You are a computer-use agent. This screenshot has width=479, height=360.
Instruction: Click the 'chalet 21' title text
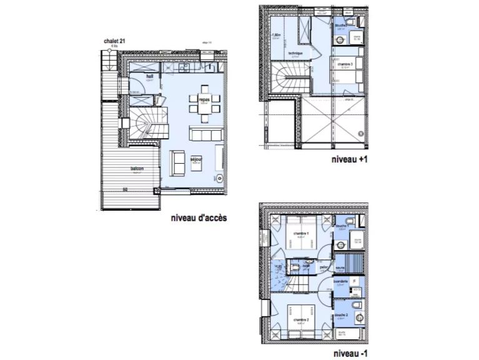coord(114,41)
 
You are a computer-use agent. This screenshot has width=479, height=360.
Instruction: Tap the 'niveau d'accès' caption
coord(198,218)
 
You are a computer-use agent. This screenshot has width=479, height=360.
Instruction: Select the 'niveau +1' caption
coord(350,160)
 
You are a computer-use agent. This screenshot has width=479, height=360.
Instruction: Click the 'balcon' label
coord(137,169)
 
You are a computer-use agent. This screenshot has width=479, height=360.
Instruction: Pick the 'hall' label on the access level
coord(150,76)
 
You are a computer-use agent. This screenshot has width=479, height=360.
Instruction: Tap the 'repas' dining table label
coord(204,99)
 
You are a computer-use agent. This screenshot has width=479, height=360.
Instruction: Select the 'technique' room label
coord(295,54)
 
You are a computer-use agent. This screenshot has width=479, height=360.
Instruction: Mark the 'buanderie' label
coord(341,282)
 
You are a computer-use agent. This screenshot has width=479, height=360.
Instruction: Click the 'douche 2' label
coord(341,314)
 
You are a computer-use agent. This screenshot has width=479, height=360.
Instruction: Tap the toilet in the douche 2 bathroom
coord(355,304)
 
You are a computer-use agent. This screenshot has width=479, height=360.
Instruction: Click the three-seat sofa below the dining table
coord(204,135)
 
